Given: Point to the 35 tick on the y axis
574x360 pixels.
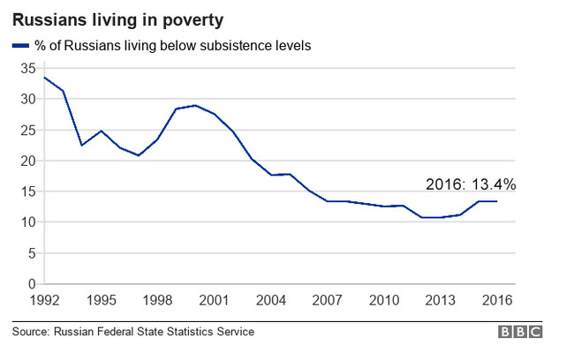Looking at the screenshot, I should coord(28,68).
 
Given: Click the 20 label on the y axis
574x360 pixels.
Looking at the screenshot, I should coord(28,161).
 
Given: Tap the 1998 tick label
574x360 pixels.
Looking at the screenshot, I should coord(158,299).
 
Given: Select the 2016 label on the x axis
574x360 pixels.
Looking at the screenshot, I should coord(496,299).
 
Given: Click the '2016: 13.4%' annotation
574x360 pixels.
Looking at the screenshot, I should coord(471,185).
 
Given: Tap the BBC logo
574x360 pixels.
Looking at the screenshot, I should coord(520,332).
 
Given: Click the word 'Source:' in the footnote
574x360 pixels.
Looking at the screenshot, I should coord(30,332).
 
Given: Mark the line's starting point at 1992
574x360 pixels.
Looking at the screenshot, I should coord(43,78).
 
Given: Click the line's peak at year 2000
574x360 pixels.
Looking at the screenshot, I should coord(195,105).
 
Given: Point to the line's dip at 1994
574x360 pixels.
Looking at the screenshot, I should coord(81,145).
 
